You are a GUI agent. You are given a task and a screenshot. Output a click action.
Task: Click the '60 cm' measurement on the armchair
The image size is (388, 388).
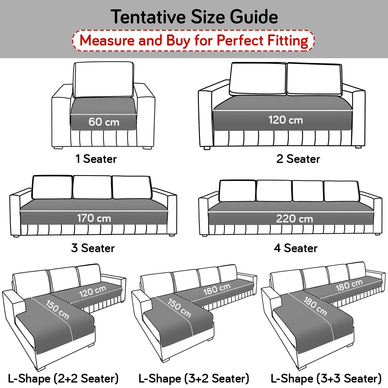click(104, 122)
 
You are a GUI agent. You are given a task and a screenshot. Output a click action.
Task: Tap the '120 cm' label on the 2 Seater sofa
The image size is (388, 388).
click(285, 120)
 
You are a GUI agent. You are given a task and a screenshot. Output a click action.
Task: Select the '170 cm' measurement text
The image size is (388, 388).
click(94, 218)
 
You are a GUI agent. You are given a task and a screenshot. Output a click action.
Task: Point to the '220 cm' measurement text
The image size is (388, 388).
click(294, 219)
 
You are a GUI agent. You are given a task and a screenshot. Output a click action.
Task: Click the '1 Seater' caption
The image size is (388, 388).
click(96, 159)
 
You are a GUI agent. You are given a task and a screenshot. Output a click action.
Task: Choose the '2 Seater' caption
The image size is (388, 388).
click(298, 159)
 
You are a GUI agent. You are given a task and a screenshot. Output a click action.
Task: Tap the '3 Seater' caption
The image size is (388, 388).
click(93, 248)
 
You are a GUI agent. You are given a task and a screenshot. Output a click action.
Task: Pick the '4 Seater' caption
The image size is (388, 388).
click(296, 248)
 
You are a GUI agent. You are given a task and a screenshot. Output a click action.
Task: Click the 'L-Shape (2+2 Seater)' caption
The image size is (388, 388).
click(63, 378)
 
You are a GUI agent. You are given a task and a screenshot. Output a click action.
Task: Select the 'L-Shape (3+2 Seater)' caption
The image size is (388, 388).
click(194, 378)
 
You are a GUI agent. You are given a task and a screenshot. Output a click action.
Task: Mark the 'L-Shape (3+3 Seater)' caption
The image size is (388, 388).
click(326, 378)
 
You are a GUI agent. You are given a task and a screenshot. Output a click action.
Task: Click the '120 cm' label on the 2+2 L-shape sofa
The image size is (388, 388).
click(92, 292)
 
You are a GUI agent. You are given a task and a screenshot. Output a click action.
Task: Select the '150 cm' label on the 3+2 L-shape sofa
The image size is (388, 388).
click(179, 308)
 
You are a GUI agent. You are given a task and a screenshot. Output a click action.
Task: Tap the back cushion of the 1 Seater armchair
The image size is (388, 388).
click(104, 79)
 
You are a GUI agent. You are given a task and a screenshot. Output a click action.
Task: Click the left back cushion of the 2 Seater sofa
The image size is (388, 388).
click(258, 79)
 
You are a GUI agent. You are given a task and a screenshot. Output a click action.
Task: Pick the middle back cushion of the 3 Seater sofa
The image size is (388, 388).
click(92, 187)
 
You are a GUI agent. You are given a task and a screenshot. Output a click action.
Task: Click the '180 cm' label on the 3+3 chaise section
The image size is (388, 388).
click(315, 306)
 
